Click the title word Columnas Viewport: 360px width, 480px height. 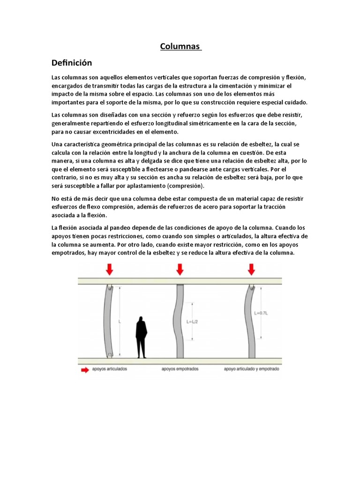[180, 46]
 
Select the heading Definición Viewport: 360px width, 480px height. [72, 63]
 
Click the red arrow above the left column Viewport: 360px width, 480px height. [110, 269]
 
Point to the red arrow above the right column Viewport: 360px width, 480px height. [252, 269]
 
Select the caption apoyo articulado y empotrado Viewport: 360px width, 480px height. [252, 369]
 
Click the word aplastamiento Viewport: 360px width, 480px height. [140, 186]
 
